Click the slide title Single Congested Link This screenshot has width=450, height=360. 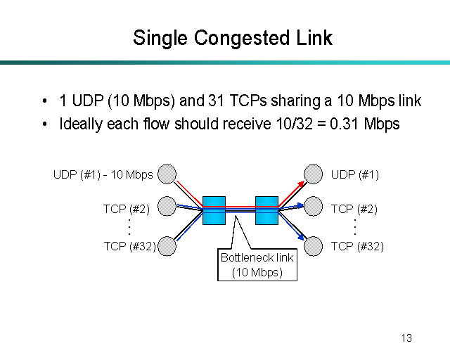(232, 37)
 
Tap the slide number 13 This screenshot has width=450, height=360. (406, 338)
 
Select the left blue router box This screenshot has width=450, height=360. (213, 210)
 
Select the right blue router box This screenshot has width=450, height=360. (266, 210)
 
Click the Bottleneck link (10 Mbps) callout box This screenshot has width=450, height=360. (257, 265)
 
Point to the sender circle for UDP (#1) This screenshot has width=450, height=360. (167, 174)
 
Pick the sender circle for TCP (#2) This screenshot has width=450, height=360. (167, 207)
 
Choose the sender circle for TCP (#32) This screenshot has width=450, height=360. (167, 245)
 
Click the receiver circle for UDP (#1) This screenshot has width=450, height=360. (313, 174)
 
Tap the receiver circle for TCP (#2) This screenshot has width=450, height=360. (313, 207)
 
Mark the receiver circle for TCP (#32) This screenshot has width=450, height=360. (313, 245)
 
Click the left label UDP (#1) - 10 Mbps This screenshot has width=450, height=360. (103, 174)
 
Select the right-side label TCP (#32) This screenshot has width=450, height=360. (357, 246)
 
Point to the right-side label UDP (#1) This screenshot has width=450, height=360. (354, 174)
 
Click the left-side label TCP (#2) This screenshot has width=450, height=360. (127, 208)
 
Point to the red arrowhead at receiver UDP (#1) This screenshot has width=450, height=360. (301, 183)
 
